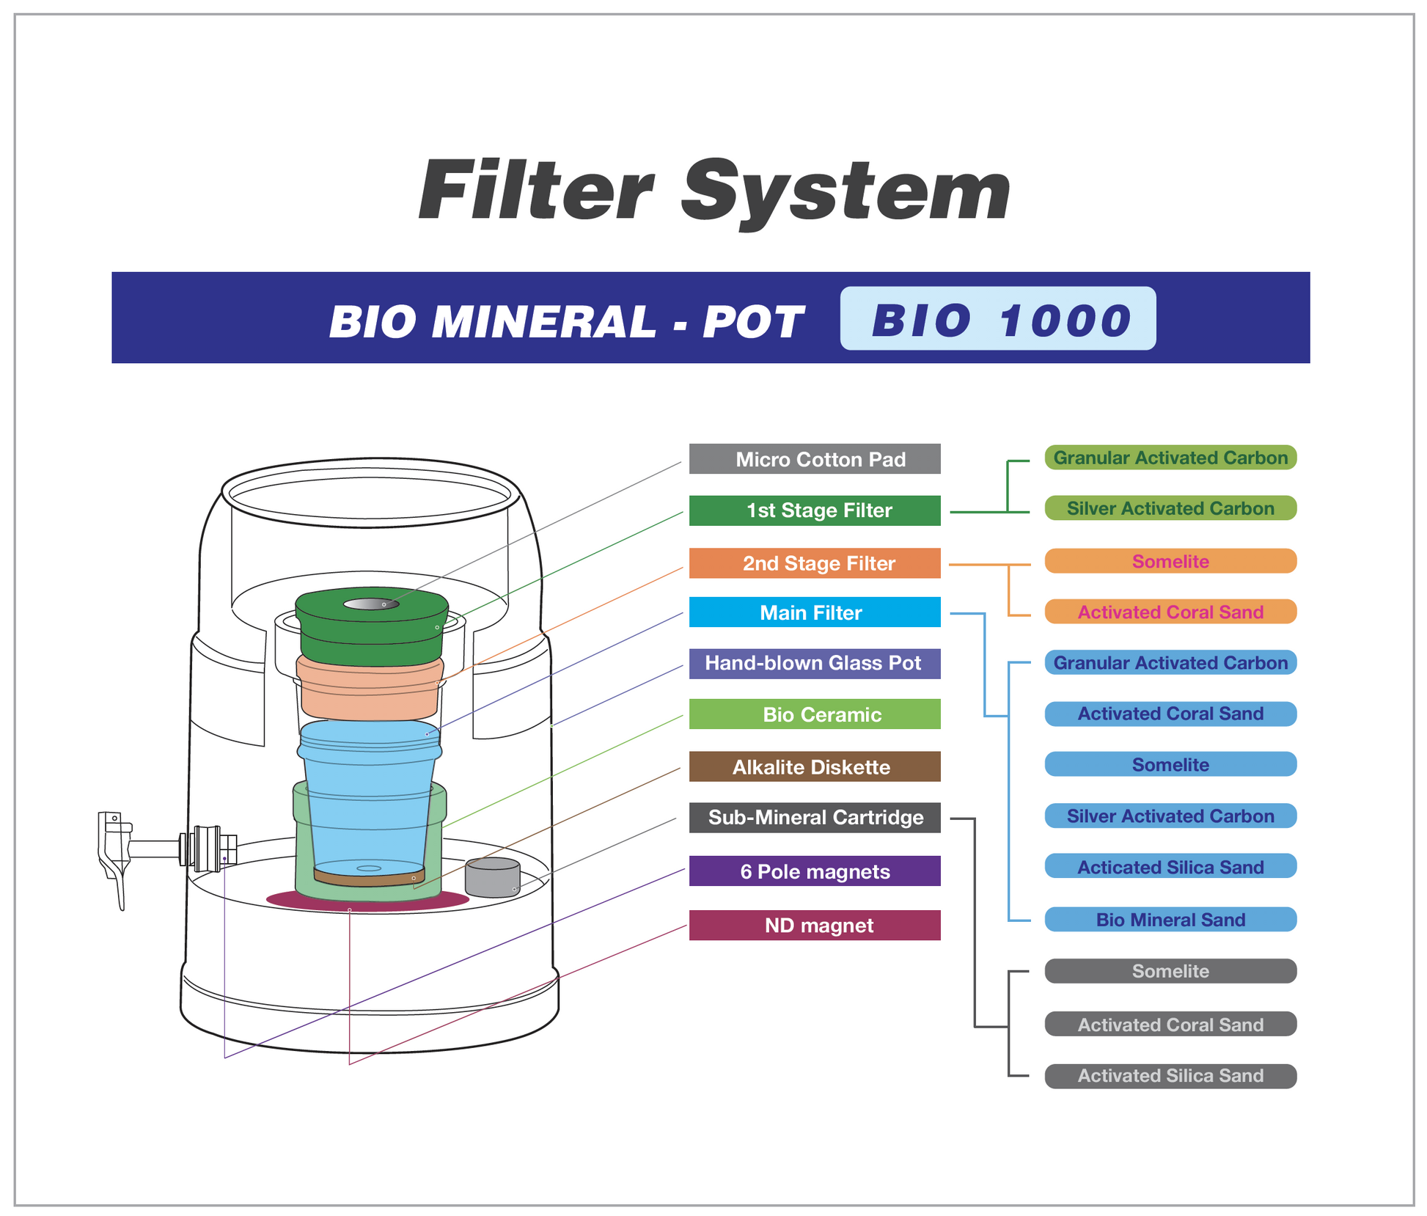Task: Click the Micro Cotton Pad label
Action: (815, 459)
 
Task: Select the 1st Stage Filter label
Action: (815, 510)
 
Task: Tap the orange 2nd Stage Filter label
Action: (815, 563)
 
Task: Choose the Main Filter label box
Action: (815, 612)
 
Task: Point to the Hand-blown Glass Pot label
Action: (815, 664)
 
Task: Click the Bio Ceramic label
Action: (815, 714)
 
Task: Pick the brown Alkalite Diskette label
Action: (815, 766)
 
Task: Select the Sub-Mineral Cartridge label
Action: (815, 818)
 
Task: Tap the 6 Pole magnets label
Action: (815, 871)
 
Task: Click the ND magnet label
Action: (815, 926)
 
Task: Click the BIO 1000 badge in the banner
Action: (998, 318)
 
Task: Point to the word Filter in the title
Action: (536, 191)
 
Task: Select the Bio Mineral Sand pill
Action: (1170, 920)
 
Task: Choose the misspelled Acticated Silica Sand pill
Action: (1170, 866)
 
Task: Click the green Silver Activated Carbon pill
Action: (1170, 508)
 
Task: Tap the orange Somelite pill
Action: (1170, 561)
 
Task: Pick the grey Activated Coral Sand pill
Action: (1170, 1024)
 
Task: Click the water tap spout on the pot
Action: (114, 858)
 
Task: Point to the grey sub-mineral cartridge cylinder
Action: (493, 877)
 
